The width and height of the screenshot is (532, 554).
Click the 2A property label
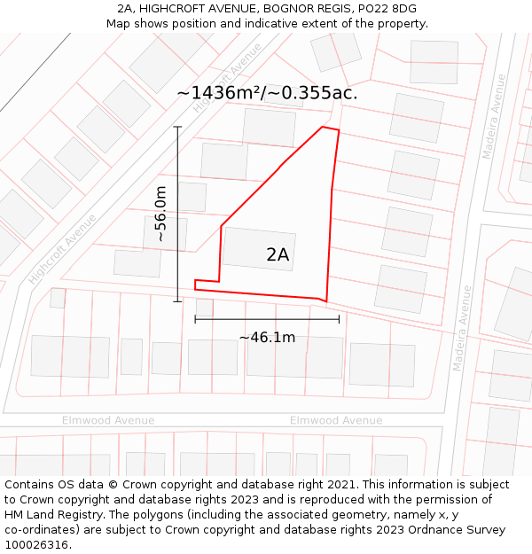click(278, 255)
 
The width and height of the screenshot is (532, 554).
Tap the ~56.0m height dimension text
click(160, 215)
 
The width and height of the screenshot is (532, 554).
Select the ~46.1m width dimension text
click(267, 337)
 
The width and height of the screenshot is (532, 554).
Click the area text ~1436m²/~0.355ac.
click(267, 93)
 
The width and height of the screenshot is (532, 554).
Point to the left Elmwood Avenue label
click(108, 420)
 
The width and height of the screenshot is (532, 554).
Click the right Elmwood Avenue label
click(336, 420)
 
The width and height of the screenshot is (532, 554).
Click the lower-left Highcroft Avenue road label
click(61, 249)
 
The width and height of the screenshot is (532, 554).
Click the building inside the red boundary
click(258, 248)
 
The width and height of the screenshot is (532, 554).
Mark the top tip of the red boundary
click(323, 127)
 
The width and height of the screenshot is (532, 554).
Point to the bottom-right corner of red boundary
click(326, 301)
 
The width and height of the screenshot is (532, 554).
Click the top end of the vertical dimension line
click(177, 127)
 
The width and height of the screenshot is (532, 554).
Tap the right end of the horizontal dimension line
click(339, 319)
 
